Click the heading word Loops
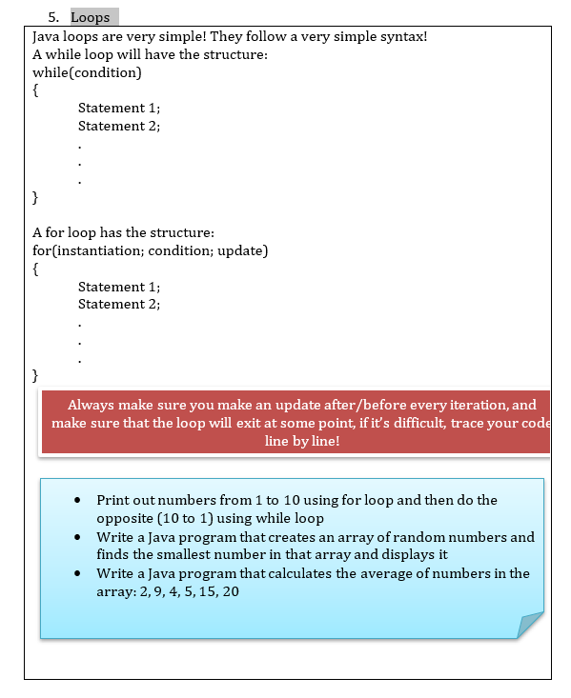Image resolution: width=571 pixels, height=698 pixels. pyautogui.click(x=91, y=17)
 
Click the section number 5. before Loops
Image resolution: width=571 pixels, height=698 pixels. pyautogui.click(x=53, y=17)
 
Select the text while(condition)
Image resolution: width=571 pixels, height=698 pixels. pyautogui.click(x=87, y=72)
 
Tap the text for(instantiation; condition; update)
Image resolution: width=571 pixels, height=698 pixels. pyautogui.click(x=150, y=250)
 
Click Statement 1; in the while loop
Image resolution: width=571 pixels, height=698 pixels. pyautogui.click(x=119, y=108)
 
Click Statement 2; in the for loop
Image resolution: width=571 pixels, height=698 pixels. pyautogui.click(x=119, y=304)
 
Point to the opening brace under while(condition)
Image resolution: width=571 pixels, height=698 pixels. pyautogui.click(x=36, y=90)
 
